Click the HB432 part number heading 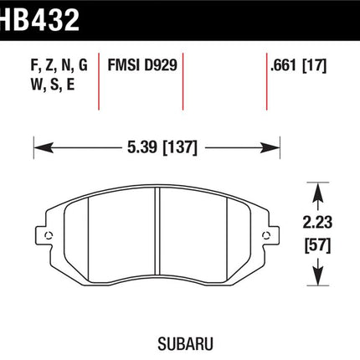tap(39, 19)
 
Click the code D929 tap(161, 65)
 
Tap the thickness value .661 tap(283, 65)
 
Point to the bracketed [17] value tap(314, 66)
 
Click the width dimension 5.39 tap(142, 147)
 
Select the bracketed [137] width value tap(180, 147)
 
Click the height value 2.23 tap(317, 223)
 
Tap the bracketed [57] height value tap(317, 245)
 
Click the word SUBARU tap(185, 344)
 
